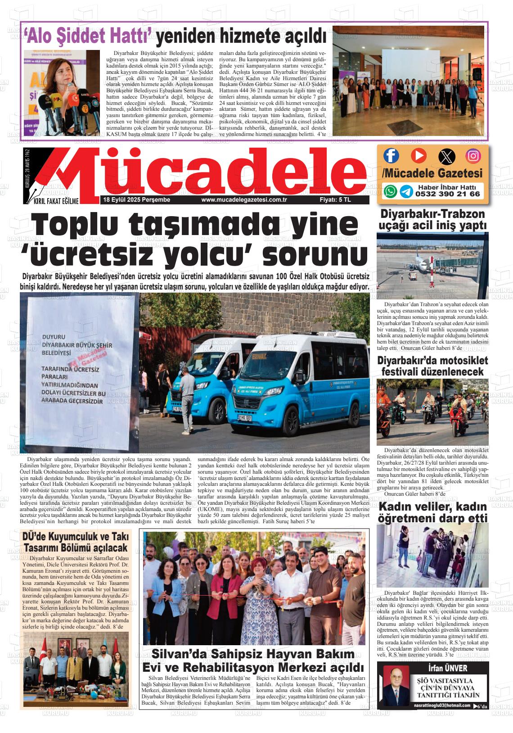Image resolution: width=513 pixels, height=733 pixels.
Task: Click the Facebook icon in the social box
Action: [391, 156]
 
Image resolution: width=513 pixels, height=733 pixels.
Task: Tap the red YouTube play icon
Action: [418, 156]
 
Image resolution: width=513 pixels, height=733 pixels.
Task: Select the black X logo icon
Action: [446, 156]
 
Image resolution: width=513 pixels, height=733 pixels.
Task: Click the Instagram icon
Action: [473, 156]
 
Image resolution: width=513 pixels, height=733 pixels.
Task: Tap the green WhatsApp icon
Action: [390, 191]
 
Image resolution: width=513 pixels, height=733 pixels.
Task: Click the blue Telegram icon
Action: [406, 191]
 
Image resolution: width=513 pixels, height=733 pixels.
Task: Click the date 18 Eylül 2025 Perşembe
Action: [137, 200]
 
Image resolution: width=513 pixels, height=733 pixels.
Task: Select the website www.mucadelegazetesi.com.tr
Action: [244, 200]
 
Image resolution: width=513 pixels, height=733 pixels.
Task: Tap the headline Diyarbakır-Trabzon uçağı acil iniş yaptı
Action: [432, 219]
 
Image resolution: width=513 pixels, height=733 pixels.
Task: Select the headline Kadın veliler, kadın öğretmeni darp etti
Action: [432, 512]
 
